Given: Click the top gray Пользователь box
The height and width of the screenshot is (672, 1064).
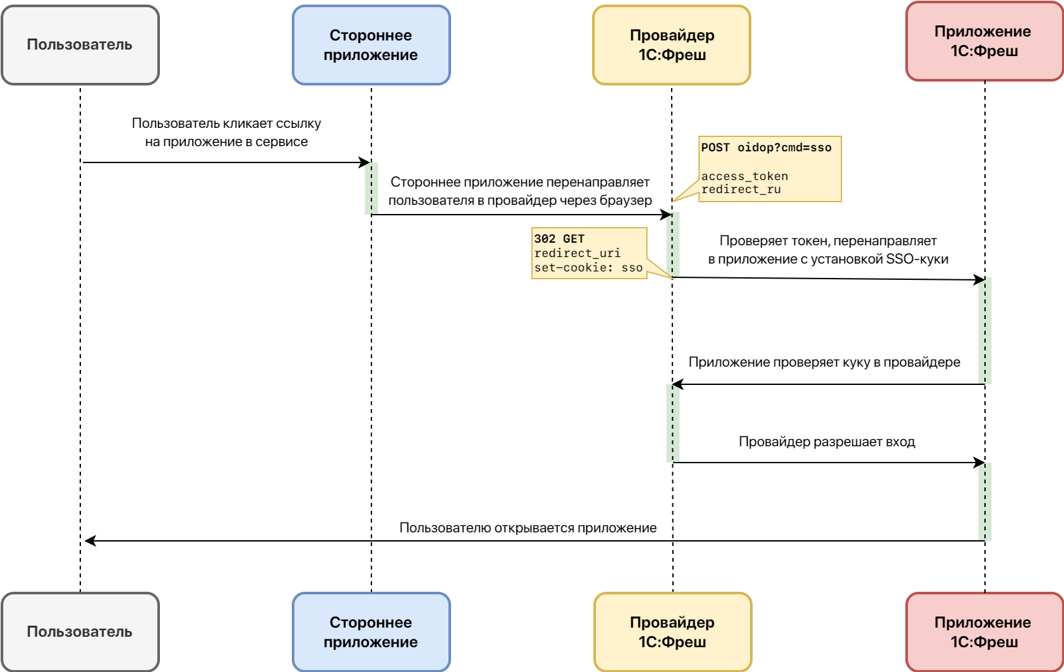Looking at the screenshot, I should click(80, 45).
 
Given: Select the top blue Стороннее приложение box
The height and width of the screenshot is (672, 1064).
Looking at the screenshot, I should click(371, 45).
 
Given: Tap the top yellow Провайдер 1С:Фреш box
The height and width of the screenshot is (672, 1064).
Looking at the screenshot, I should click(672, 45).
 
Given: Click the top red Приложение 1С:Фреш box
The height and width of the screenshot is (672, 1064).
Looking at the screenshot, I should click(984, 41).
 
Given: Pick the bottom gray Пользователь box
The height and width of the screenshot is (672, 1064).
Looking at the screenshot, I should click(80, 632).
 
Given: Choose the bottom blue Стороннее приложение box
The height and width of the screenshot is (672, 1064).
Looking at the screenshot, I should click(371, 632).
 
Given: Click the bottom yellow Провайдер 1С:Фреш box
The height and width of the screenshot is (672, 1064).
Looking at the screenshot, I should click(672, 632).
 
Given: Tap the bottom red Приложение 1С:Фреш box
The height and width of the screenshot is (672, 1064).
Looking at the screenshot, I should click(984, 632).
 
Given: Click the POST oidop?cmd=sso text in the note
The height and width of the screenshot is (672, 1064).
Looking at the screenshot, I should click(766, 147).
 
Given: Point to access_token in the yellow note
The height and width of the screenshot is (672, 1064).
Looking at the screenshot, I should click(745, 176).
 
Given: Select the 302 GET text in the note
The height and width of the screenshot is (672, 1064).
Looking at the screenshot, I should click(559, 239).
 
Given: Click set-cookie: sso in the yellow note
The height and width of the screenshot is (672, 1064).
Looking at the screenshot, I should click(588, 267).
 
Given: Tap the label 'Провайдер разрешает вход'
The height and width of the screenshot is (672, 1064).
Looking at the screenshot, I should click(826, 442).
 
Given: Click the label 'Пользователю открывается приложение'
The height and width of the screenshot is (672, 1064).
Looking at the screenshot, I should click(527, 528).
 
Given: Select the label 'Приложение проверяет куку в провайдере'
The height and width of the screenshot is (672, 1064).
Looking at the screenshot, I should click(824, 362).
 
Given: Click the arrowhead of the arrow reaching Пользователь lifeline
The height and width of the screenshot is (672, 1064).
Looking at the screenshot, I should click(90, 541).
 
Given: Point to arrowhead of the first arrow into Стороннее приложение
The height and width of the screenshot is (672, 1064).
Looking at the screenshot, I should click(364, 162).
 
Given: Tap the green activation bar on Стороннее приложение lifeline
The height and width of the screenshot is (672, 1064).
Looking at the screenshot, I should click(371, 189).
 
